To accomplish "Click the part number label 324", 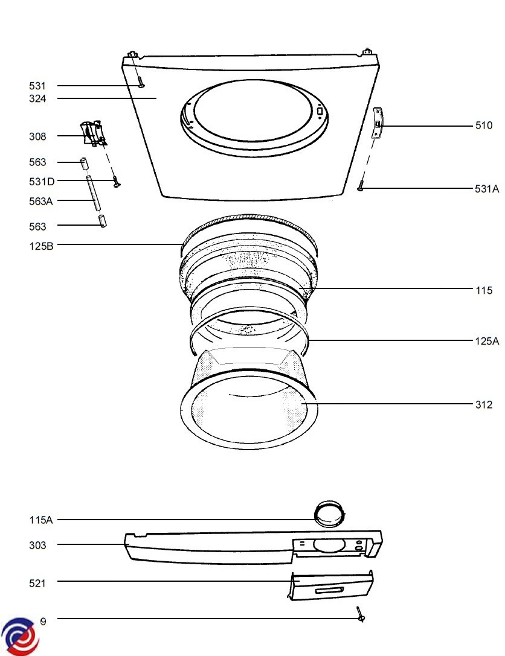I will pos(37,98).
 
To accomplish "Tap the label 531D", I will pos(43,181).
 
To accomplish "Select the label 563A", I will pos(41,201).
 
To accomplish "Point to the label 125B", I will pos(41,245).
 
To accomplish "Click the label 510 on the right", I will pos(484,126).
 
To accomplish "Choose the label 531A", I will pos(487,189).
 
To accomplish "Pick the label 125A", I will pos(487,341).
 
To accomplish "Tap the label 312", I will pos(484,404).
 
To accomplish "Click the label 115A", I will pos(41,520).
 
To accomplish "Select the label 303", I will pos(37,545).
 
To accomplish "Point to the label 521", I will pos(37,582).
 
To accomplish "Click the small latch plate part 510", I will pos(377,123).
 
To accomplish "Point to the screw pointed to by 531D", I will pos(114,181).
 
